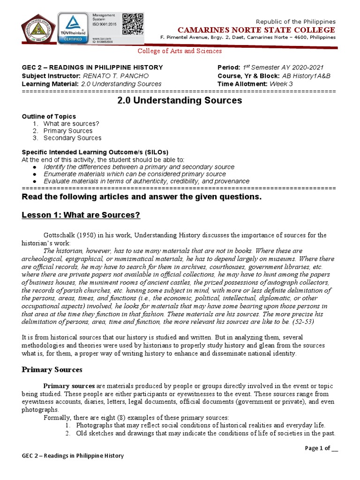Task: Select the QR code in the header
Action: (x=132, y=24)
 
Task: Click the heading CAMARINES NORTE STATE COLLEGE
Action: (x=255, y=30)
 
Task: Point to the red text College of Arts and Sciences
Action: (x=179, y=51)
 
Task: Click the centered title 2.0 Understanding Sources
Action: (x=179, y=100)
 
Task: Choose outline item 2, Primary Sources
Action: (x=68, y=131)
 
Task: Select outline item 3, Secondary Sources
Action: (x=72, y=138)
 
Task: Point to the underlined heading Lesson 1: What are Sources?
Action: (x=82, y=215)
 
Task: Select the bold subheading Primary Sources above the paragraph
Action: (x=52, y=370)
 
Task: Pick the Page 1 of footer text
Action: (x=321, y=448)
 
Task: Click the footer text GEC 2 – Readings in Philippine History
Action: (x=73, y=456)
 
